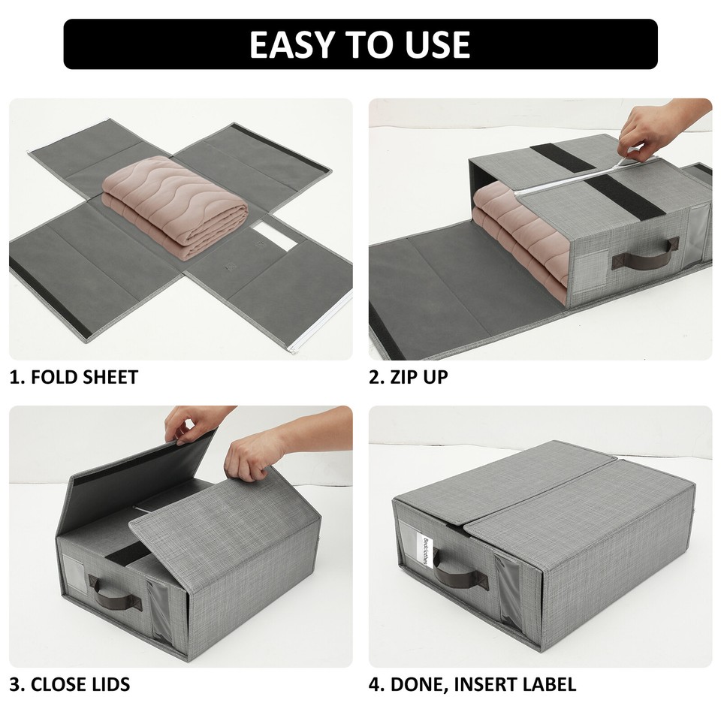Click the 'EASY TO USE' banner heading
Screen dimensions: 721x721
coord(360,44)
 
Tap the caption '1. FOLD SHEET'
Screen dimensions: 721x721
coord(74,377)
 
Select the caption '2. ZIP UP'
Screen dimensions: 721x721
coord(408,377)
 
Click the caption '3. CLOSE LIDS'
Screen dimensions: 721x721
coord(70,684)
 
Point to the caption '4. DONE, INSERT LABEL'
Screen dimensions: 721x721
coord(472,684)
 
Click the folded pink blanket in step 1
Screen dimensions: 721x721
coord(175,207)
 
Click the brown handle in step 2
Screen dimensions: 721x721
coord(645,256)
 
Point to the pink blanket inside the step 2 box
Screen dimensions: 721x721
coord(518,240)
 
